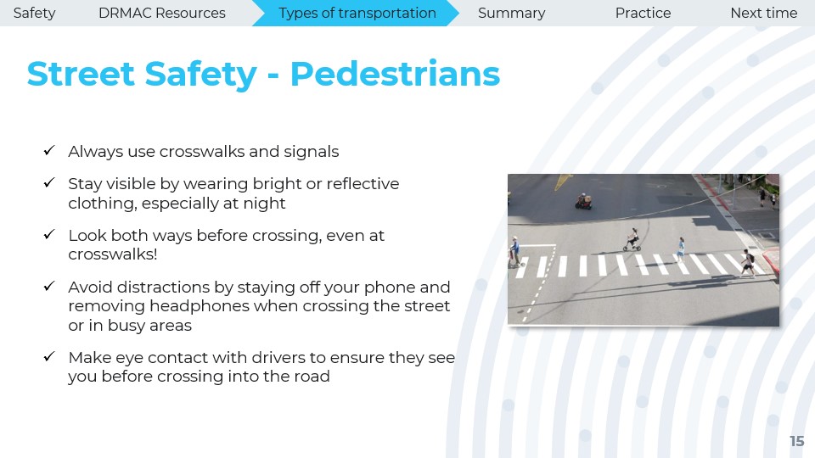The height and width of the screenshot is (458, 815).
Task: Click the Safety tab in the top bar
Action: click(x=34, y=13)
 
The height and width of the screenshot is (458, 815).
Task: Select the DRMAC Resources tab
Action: click(x=161, y=13)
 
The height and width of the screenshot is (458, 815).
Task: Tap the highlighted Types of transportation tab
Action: click(x=357, y=13)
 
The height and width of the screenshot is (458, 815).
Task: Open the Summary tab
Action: click(x=511, y=13)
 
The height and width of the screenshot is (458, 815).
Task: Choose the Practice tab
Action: click(x=643, y=13)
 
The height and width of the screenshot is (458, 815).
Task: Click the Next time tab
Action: click(x=763, y=13)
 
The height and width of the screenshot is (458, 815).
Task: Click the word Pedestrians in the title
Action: click(x=395, y=73)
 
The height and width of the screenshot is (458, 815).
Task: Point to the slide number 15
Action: click(x=797, y=441)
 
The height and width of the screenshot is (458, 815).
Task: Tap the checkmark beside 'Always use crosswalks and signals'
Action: click(x=49, y=151)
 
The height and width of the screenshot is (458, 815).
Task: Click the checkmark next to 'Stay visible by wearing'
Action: click(x=49, y=183)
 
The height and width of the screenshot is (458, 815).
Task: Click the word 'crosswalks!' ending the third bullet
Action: click(x=113, y=254)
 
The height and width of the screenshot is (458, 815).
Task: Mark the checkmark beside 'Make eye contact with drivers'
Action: click(x=49, y=357)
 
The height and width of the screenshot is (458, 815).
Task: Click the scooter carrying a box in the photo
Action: click(x=584, y=202)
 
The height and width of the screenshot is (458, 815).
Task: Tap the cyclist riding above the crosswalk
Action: click(x=632, y=240)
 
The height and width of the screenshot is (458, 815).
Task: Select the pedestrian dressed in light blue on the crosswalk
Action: click(x=680, y=249)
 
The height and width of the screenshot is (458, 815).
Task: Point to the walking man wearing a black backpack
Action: click(x=748, y=263)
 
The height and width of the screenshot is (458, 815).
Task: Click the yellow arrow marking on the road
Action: click(x=562, y=182)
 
